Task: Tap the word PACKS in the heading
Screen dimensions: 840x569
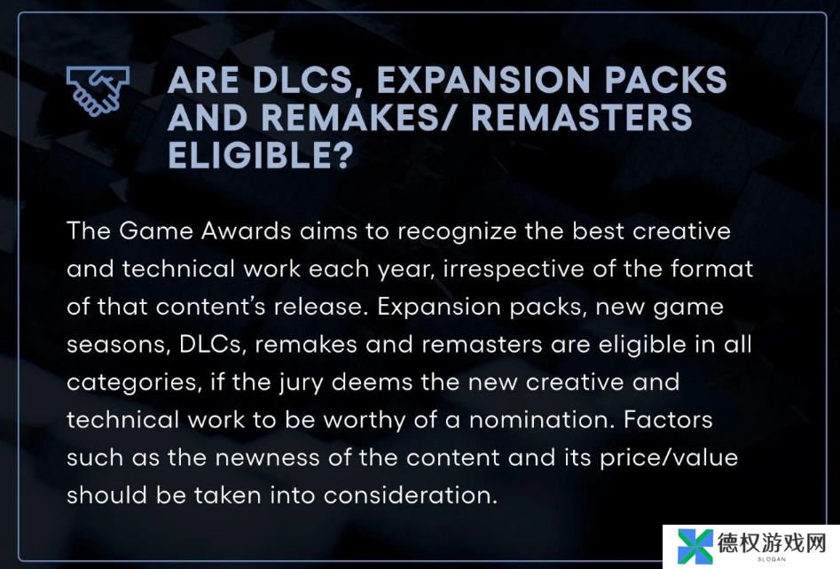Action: (665, 81)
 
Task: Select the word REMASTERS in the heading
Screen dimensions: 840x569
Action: (582, 118)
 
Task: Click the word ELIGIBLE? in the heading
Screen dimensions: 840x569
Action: (261, 155)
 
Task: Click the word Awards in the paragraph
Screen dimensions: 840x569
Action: (247, 231)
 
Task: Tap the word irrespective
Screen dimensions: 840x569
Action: (514, 269)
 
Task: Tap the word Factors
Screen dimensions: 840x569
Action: (668, 420)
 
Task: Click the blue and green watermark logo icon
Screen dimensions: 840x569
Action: (695, 547)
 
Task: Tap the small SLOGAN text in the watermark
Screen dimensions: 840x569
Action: (772, 559)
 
